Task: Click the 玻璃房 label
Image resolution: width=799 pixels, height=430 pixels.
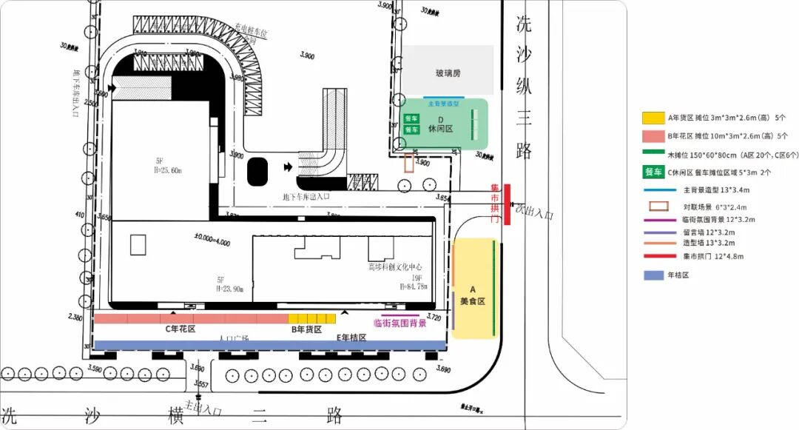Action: pyautogui.click(x=448, y=73)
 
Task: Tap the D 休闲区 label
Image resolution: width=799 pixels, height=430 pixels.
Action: pyautogui.click(x=440, y=124)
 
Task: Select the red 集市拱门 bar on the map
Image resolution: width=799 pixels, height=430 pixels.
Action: pyautogui.click(x=507, y=204)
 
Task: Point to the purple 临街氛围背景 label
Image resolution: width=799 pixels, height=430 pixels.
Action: pyautogui.click(x=400, y=323)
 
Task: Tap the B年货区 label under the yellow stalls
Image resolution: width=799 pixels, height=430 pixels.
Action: pyautogui.click(x=306, y=329)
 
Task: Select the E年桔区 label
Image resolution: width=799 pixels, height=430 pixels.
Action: pyautogui.click(x=351, y=337)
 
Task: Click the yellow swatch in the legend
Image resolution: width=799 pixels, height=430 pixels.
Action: pyautogui.click(x=652, y=118)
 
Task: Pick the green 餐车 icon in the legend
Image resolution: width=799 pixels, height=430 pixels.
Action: pyautogui.click(x=653, y=172)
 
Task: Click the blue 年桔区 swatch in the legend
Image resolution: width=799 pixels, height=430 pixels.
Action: pyautogui.click(x=652, y=275)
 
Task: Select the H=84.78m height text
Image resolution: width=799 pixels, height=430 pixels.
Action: pyautogui.click(x=413, y=286)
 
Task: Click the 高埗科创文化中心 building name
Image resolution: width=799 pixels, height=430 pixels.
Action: pyautogui.click(x=395, y=266)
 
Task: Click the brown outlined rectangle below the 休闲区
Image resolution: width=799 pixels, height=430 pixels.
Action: pyautogui.click(x=408, y=164)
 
